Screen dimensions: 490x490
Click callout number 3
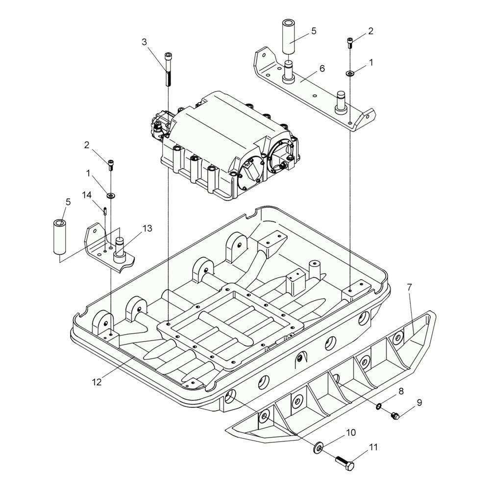tap(144, 42)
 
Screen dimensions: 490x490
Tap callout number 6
tap(322, 68)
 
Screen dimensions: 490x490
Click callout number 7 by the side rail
tap(410, 287)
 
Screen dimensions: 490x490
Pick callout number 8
tap(401, 391)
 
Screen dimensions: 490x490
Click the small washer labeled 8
tap(379, 406)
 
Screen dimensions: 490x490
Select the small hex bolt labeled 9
tap(395, 416)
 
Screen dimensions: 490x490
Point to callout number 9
tap(419, 402)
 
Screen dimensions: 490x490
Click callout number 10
tap(351, 433)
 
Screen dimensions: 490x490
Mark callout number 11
tap(373, 447)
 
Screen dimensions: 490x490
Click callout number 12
tap(97, 382)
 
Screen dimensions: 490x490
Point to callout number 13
tap(147, 228)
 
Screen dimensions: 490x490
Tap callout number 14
tap(87, 195)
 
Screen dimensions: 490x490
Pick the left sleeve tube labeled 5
tap(61, 237)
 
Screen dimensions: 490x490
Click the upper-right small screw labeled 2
tap(350, 43)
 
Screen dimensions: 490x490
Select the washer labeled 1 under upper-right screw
tap(350, 73)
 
